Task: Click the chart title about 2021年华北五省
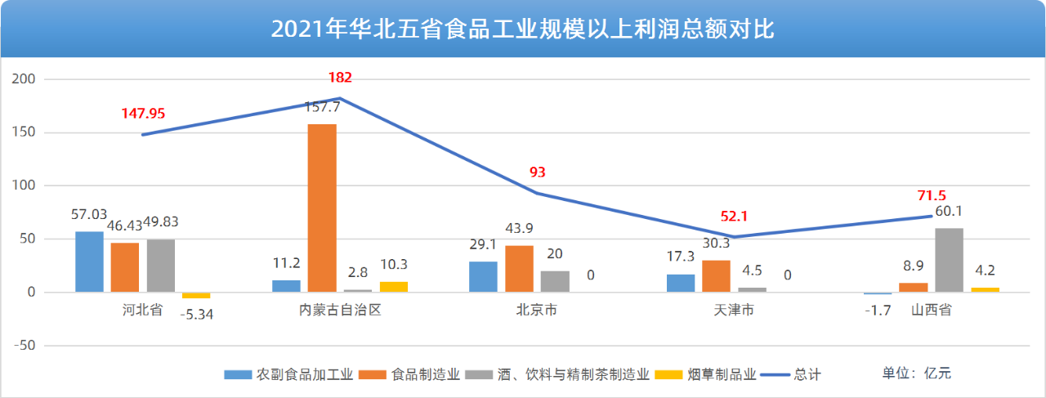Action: (522, 29)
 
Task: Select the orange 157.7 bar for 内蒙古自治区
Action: (322, 208)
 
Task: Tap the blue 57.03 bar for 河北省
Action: (89, 262)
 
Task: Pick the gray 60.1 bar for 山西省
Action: (949, 260)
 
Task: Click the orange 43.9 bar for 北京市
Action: (519, 269)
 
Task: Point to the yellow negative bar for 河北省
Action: (196, 295)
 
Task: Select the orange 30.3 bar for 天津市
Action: (717, 276)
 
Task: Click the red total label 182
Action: (340, 78)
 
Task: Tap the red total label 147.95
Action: (143, 113)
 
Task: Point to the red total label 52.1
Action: (734, 217)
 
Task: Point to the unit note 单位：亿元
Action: (917, 373)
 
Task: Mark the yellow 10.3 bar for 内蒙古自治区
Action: (394, 287)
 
